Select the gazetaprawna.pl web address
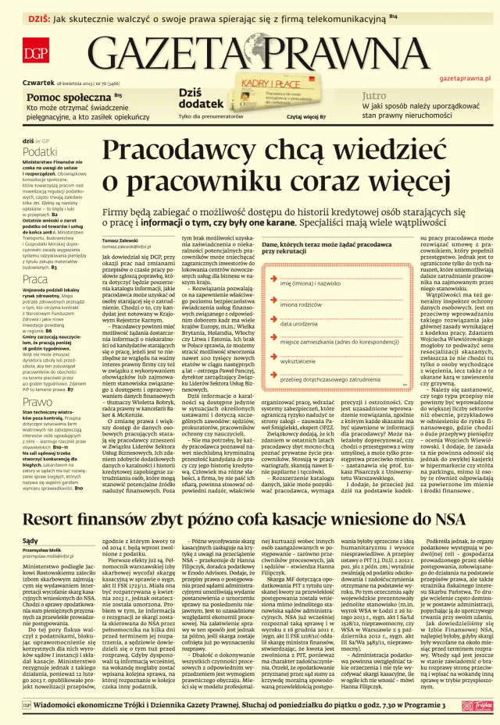pos(464,79)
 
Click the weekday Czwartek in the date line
pos(38,81)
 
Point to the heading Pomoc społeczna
pos(68,96)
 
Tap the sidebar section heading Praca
pos(35,279)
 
